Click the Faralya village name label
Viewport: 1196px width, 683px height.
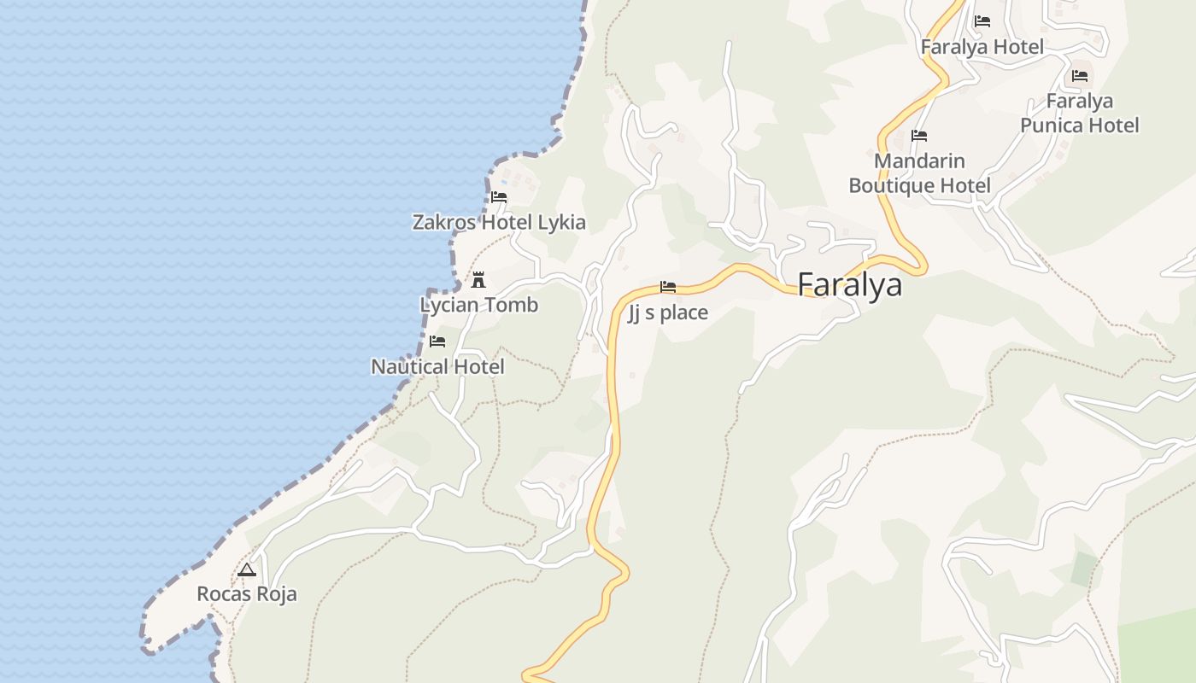(x=849, y=285)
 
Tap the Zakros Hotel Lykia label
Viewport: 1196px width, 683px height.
(x=499, y=223)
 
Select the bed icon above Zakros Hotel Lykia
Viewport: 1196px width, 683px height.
(x=499, y=197)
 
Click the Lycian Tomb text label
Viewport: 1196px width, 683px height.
(x=478, y=305)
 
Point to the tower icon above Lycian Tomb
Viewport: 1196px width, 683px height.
(x=478, y=279)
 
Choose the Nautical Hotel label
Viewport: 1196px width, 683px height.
(x=437, y=367)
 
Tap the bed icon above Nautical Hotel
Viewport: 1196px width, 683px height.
(x=437, y=341)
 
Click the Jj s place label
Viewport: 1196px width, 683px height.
(x=668, y=312)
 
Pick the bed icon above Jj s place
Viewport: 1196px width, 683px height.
(x=668, y=287)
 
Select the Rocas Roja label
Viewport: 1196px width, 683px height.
(x=247, y=593)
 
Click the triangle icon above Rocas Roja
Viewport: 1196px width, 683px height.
(x=247, y=569)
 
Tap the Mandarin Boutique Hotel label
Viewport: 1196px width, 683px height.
(x=919, y=173)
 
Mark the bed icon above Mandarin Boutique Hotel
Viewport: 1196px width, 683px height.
(x=919, y=136)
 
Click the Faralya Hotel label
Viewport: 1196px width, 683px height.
(x=982, y=47)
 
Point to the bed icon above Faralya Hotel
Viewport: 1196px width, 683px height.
(x=982, y=21)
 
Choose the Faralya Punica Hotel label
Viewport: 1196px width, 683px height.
(x=1080, y=114)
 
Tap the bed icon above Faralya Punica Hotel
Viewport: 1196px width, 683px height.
(x=1080, y=76)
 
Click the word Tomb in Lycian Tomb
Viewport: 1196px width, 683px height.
(x=510, y=305)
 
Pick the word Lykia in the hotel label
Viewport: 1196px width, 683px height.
(x=561, y=223)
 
